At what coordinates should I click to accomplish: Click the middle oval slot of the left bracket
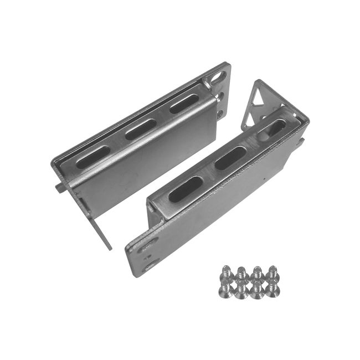pos(139,130)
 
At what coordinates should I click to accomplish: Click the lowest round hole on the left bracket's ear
pos(222,115)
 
